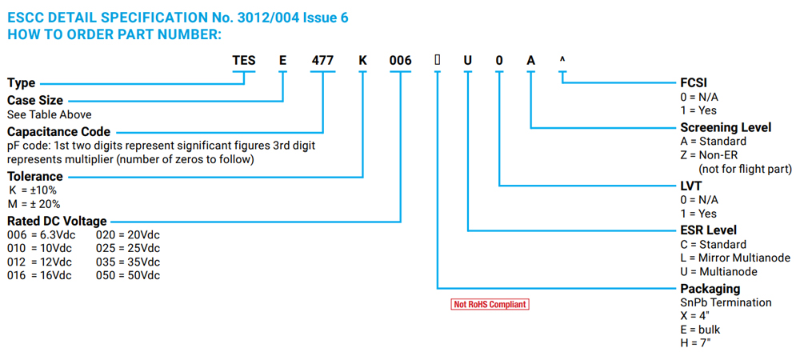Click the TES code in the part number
click(244, 61)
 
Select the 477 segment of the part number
click(323, 61)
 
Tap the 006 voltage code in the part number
click(400, 61)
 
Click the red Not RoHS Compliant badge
click(490, 304)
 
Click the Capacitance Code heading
click(59, 131)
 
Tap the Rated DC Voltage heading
click(57, 221)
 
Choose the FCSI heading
click(694, 82)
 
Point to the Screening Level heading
click(726, 127)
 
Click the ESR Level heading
click(708, 230)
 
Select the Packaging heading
click(710, 289)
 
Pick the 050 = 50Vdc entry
click(128, 275)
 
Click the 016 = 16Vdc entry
click(39, 275)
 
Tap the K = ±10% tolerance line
click(33, 190)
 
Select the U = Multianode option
click(722, 271)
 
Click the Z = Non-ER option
click(713, 155)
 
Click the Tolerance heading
click(34, 176)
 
